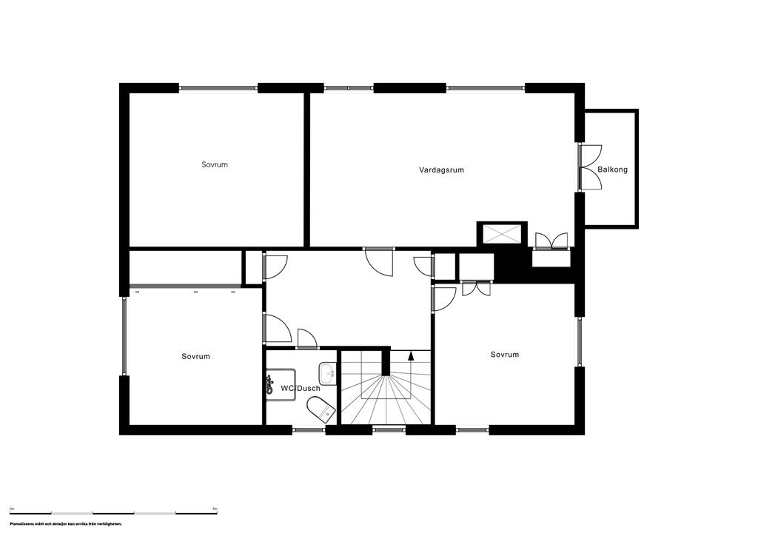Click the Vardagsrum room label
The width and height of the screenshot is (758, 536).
click(441, 170)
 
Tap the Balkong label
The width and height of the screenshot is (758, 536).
click(612, 170)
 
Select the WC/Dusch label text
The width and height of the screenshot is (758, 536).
click(300, 388)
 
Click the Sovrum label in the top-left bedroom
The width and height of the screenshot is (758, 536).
click(215, 164)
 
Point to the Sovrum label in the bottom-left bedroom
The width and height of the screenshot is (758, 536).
click(195, 356)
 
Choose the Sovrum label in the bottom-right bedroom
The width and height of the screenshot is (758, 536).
click(505, 355)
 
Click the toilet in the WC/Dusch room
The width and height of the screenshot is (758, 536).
click(320, 408)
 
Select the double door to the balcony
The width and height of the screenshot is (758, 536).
click(590, 168)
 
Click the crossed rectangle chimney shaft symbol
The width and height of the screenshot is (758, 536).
click(502, 234)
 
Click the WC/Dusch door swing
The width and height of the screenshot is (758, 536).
click(306, 338)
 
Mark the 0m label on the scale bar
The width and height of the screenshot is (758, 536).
click(13, 509)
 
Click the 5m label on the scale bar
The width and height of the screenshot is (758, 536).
click(215, 509)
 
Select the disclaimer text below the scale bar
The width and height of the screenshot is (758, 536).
click(66, 523)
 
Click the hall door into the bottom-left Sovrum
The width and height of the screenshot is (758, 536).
click(276, 327)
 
